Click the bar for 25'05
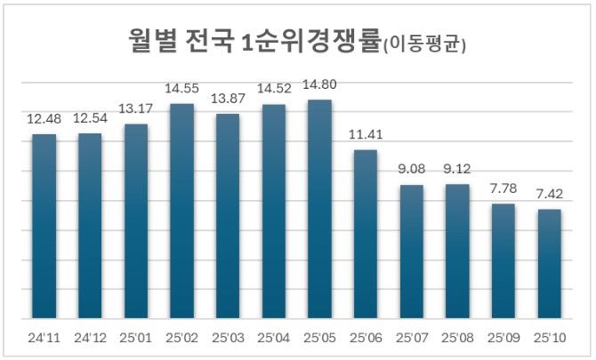coord(319,209)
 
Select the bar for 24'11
coord(44,226)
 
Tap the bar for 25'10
coord(549,263)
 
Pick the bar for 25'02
coord(181,211)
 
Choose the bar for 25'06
coord(366,234)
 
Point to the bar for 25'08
coord(457,251)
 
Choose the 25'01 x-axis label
coord(135,338)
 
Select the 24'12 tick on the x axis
coord(90,338)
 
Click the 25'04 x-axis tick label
coord(273,338)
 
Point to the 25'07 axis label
coord(411,338)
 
